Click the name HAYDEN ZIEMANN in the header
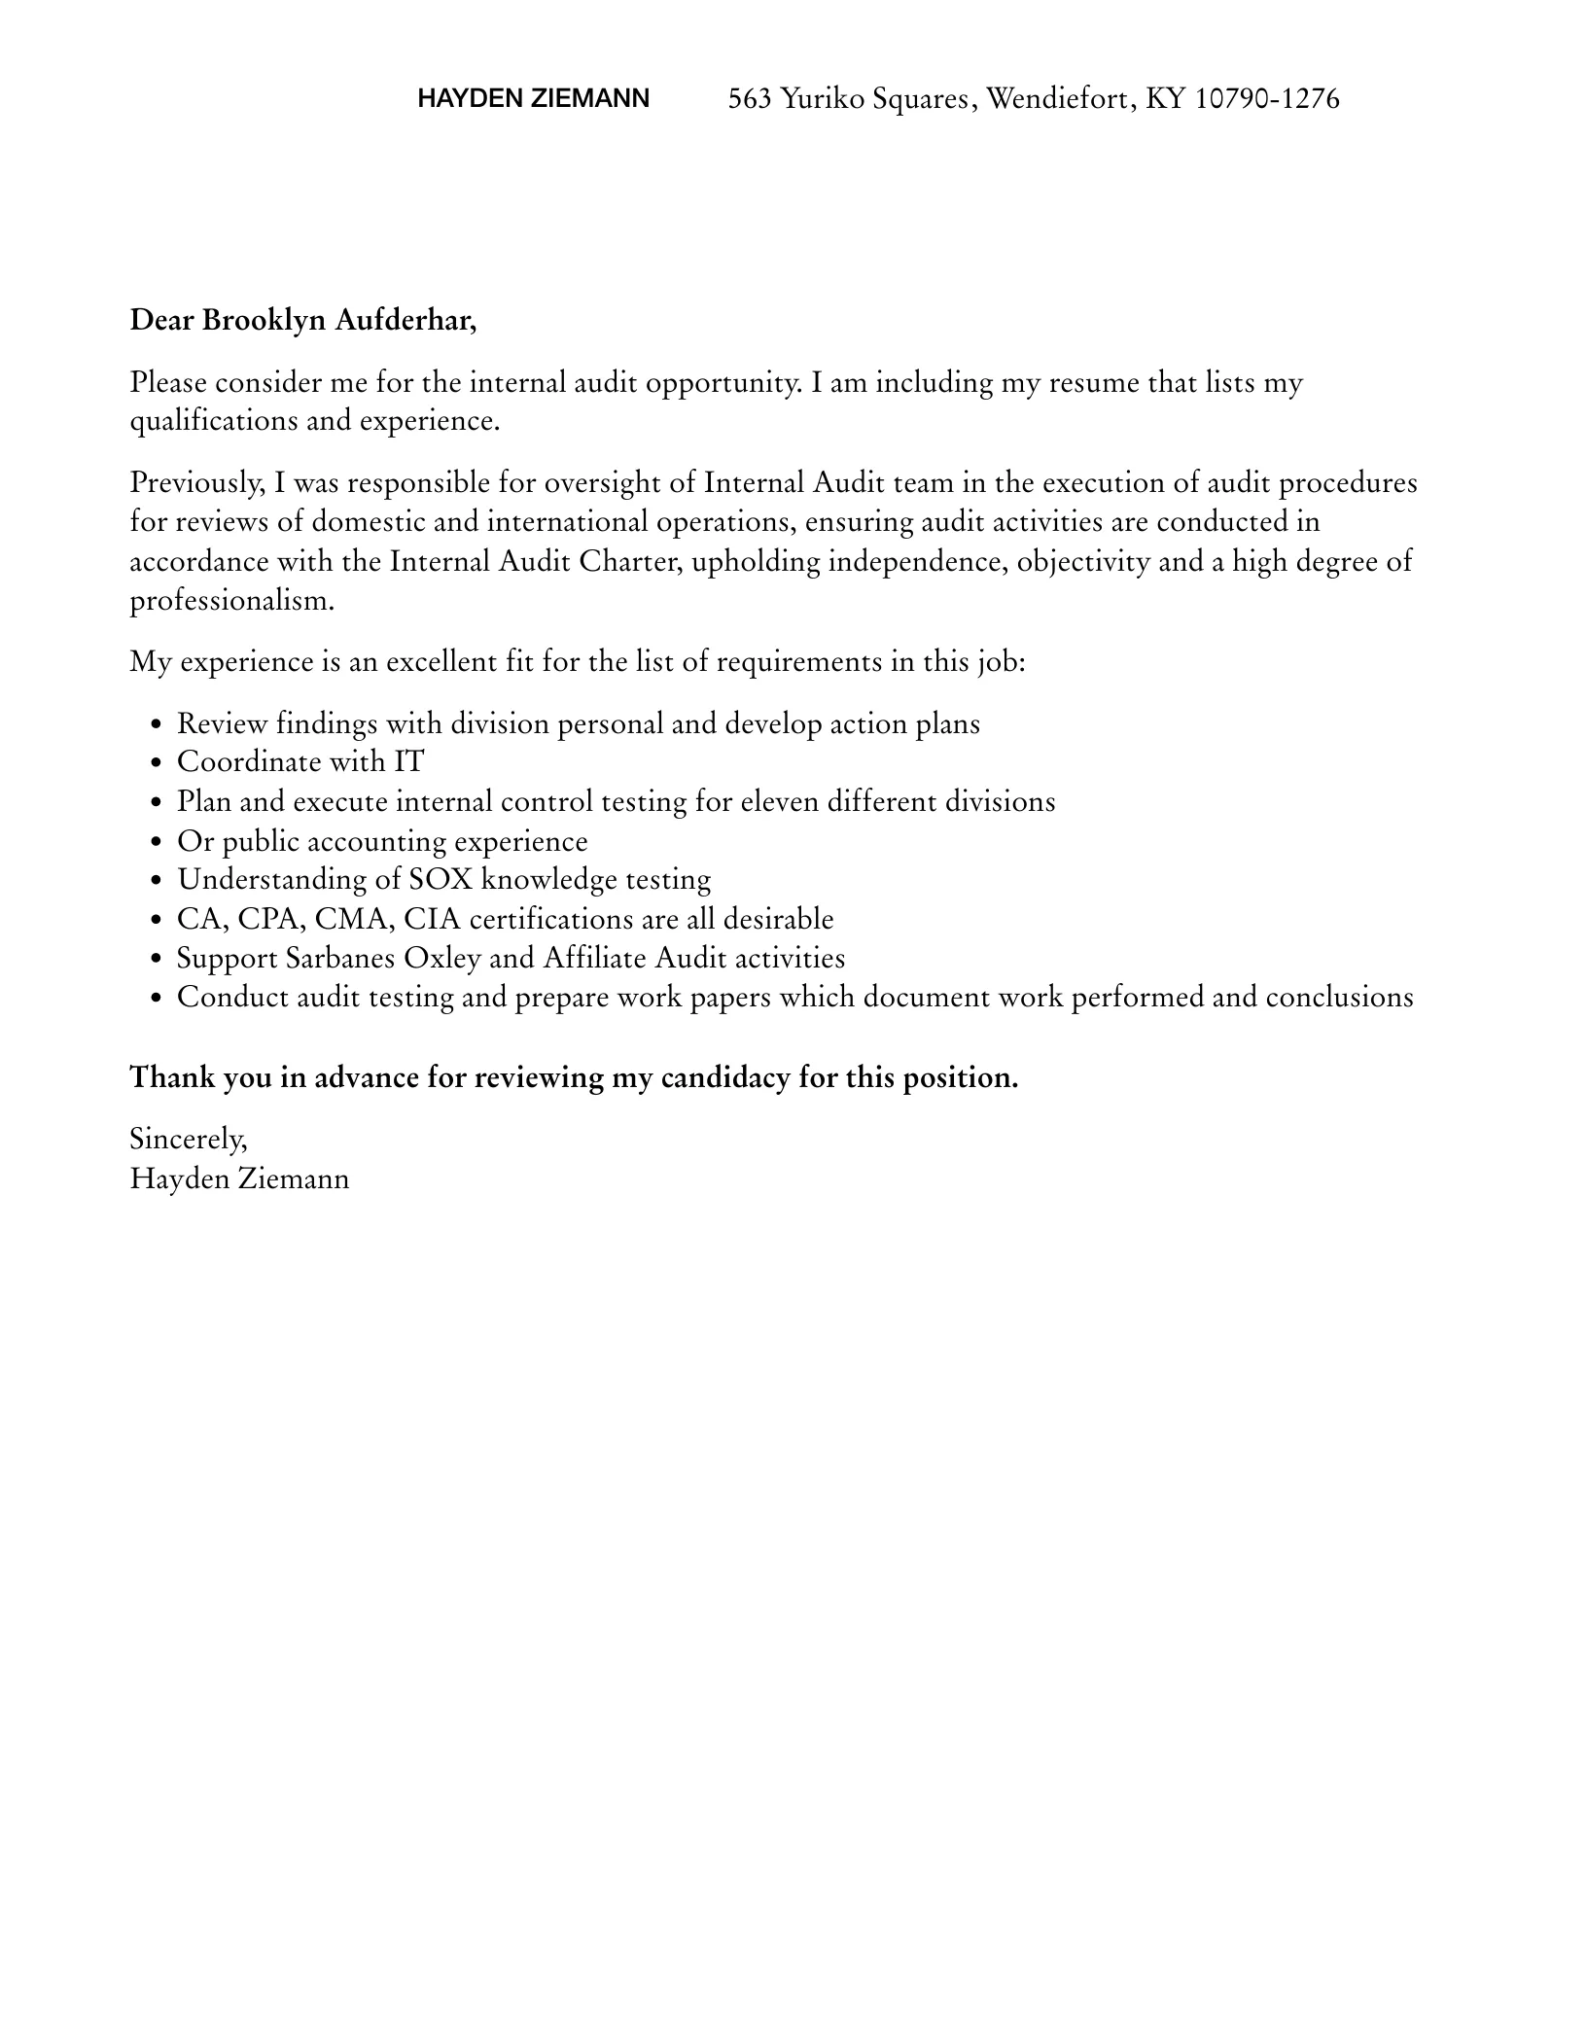pos(533,99)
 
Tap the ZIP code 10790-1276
pos(1266,99)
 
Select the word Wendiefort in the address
pos(1059,99)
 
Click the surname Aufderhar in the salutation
pos(406,320)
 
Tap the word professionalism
pos(231,601)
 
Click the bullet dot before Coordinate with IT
pos(158,764)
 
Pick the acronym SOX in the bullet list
pos(441,880)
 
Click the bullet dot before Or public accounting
pos(158,843)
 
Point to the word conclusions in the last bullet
pos(1339,998)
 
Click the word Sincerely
pos(189,1139)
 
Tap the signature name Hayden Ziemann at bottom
pos(239,1179)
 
